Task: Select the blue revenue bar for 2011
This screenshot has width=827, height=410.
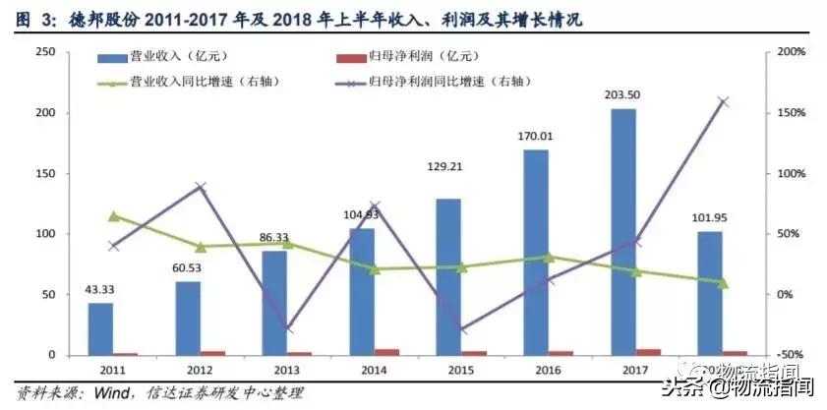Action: pyautogui.click(x=100, y=328)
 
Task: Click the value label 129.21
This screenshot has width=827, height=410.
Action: pyautogui.click(x=448, y=166)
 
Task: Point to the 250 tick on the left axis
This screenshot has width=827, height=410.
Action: pyautogui.click(x=42, y=52)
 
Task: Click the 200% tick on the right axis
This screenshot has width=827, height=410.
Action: pyautogui.click(x=792, y=52)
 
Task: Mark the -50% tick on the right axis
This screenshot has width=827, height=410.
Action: pyautogui.click(x=792, y=355)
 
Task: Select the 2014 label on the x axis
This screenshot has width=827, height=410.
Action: pyautogui.click(x=361, y=371)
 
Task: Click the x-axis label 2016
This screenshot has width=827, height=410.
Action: pyautogui.click(x=536, y=371)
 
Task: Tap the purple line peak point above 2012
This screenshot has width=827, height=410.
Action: pyautogui.click(x=201, y=186)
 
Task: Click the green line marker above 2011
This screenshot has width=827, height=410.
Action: pyautogui.click(x=113, y=215)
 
